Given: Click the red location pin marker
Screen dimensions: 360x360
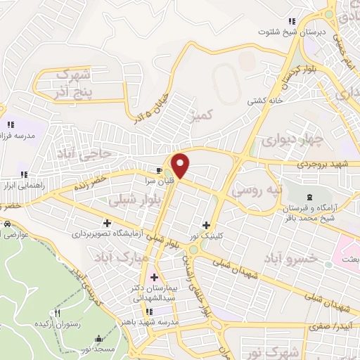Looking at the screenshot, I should (x=181, y=165).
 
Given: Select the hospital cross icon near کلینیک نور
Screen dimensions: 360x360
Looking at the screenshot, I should (x=206, y=226).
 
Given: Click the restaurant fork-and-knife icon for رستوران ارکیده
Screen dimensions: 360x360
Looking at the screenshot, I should (x=58, y=313).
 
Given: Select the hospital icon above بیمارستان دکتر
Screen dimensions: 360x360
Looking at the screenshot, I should (x=154, y=277).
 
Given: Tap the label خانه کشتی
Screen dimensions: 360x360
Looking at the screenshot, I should (x=264, y=101).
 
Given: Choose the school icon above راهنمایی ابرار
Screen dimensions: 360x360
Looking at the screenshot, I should (x=24, y=175).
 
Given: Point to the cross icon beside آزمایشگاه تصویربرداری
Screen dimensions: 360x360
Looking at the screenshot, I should (x=106, y=223).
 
